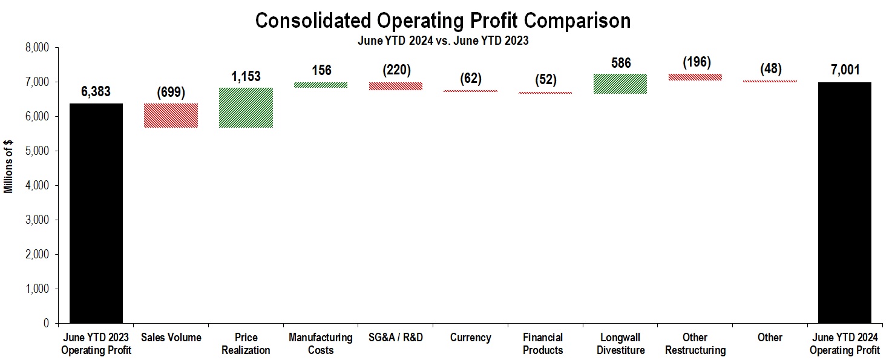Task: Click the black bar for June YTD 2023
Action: click(96, 213)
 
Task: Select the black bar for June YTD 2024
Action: click(845, 203)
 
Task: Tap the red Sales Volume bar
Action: click(171, 116)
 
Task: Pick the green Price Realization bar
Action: click(246, 108)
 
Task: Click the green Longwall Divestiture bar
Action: click(620, 83)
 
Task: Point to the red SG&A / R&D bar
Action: click(396, 86)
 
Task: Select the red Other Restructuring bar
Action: click(695, 77)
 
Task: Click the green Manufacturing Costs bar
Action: click(321, 85)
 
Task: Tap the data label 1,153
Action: click(246, 76)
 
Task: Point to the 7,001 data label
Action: click(845, 70)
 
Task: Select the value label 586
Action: click(620, 62)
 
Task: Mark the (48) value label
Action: click(770, 69)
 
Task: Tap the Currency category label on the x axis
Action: click(471, 338)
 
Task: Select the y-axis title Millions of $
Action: click(8, 167)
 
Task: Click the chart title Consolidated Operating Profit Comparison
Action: click(443, 21)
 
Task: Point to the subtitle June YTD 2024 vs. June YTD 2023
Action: click(443, 40)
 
